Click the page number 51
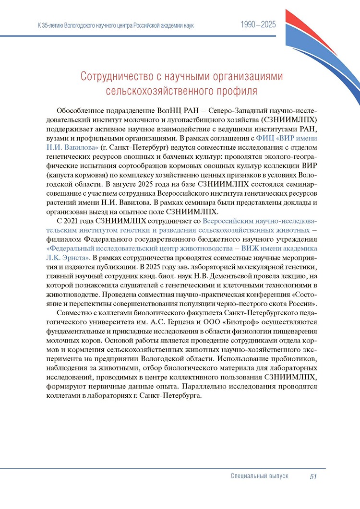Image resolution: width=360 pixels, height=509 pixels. click(x=314, y=476)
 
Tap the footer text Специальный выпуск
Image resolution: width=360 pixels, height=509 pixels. click(x=259, y=476)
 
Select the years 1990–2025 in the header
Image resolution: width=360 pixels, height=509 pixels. click(x=258, y=25)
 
